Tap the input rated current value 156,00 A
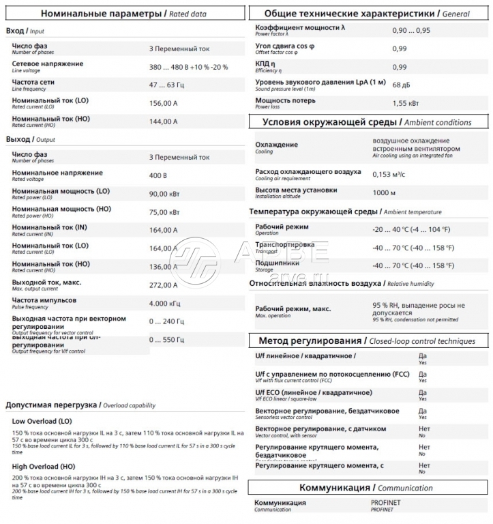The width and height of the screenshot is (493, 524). pyautogui.click(x=163, y=104)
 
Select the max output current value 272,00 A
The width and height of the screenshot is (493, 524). pyautogui.click(x=163, y=285)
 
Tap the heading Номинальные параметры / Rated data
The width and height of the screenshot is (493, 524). pyautogui.click(x=123, y=13)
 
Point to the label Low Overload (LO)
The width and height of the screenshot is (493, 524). pyautogui.click(x=42, y=421)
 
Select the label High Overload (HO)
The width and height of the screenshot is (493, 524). pyautogui.click(x=43, y=467)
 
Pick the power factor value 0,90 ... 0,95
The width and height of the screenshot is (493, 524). pyautogui.click(x=411, y=31)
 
